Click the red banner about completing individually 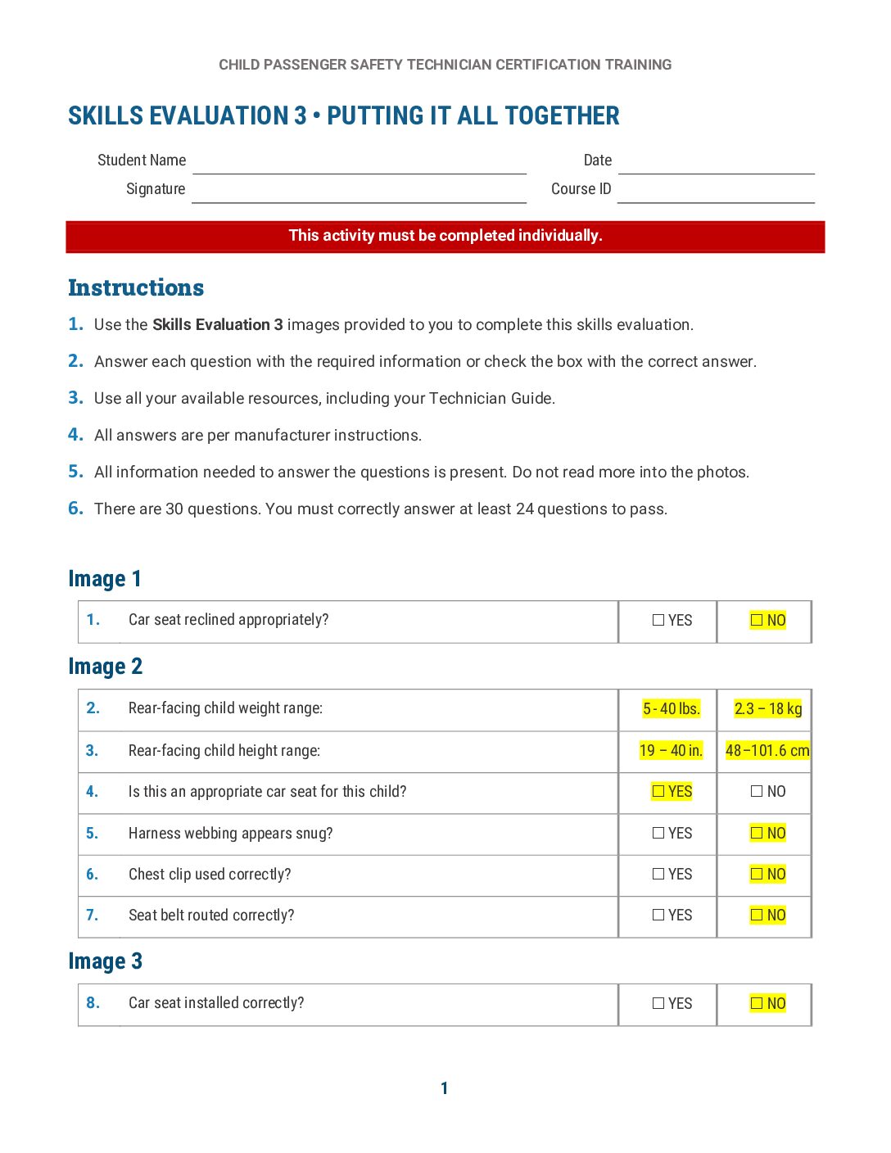coord(445,236)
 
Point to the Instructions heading coord(136,287)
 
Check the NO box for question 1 coord(757,621)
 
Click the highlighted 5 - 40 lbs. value coord(671,709)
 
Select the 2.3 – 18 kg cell coord(767,709)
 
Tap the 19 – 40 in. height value coord(671,751)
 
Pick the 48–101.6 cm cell coord(767,751)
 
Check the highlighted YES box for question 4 coord(658,792)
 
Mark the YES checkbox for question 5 coord(658,834)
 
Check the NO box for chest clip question coord(757,875)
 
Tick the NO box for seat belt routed coord(757,916)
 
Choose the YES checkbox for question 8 coord(658,1004)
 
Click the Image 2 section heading coord(106,667)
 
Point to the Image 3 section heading coord(106,961)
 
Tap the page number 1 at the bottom coord(445,1088)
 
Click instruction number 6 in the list coord(75,509)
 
